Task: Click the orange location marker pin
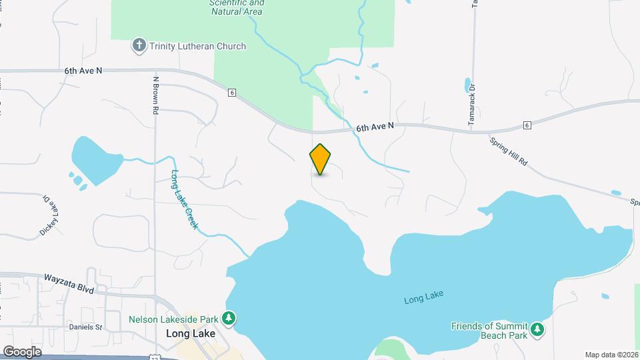point(320,159)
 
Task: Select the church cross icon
point(139,46)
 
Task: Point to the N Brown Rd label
point(154,94)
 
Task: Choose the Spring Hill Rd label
point(509,153)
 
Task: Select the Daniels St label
point(85,327)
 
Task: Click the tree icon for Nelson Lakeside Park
point(229,318)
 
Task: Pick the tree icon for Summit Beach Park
point(537,329)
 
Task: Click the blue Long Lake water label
point(424,298)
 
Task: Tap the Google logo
point(21,351)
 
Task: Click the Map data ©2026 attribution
point(611,355)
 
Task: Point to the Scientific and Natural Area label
point(237,7)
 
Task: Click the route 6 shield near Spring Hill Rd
point(527,125)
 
